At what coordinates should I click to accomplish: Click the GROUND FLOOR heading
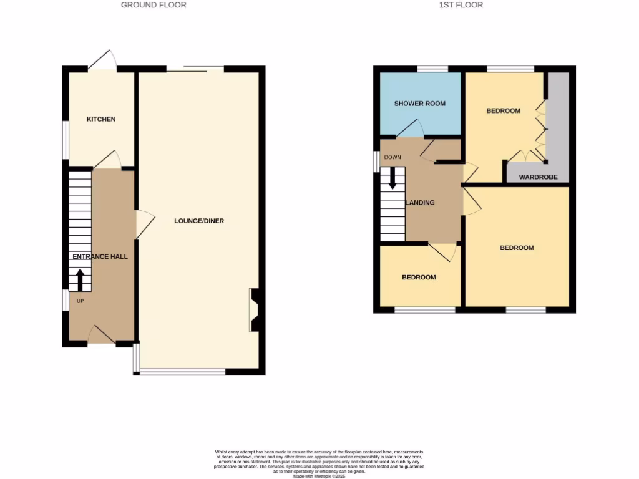154,5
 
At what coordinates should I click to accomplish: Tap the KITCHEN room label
101,119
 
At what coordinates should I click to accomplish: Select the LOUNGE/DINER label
199,221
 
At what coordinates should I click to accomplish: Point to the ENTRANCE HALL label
100,256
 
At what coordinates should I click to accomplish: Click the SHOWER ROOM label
420,104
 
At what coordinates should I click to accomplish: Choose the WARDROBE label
538,177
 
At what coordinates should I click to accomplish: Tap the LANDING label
421,203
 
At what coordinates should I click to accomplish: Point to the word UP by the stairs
80,301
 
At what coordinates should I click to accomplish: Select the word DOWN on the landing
393,157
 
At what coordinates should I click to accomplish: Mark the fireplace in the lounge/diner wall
256,309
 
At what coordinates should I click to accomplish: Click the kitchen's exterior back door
103,60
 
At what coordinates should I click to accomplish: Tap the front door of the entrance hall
101,335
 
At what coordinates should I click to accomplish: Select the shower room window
432,69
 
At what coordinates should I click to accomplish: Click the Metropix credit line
319,476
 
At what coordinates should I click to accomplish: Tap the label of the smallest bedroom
419,277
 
